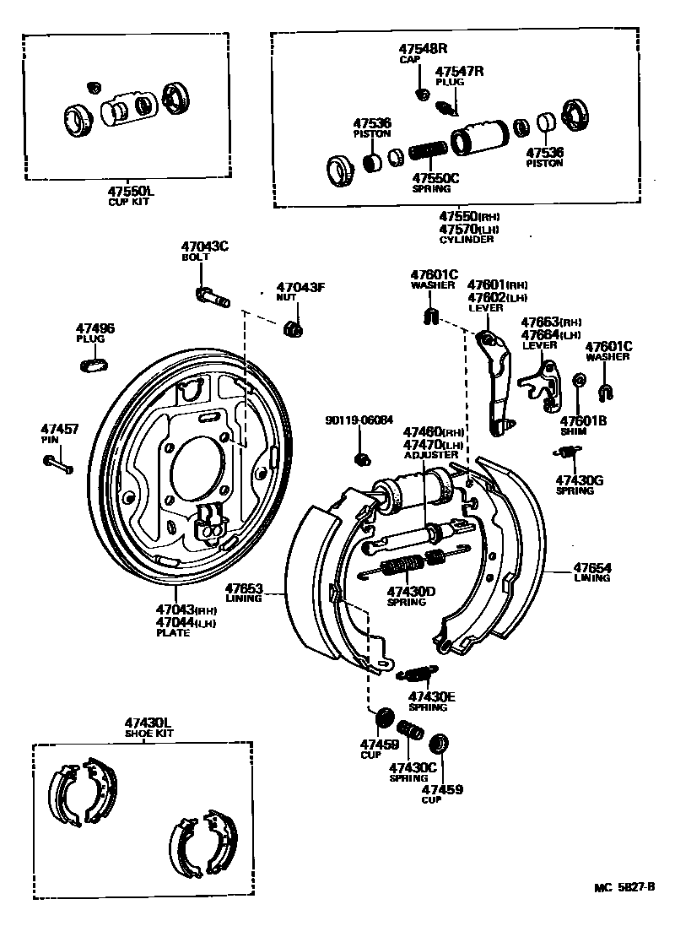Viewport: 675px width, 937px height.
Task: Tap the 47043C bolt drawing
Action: tap(211, 297)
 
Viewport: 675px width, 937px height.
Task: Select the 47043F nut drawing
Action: tap(291, 328)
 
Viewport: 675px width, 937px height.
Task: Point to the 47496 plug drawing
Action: tap(94, 364)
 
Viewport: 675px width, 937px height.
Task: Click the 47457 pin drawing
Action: tap(57, 463)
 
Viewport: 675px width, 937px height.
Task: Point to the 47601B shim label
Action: tap(572, 420)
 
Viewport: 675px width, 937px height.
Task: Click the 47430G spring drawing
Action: tap(567, 455)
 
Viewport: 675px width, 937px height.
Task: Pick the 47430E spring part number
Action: tap(432, 696)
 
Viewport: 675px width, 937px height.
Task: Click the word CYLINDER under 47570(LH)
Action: tap(466, 240)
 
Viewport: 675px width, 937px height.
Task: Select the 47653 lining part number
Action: tap(244, 588)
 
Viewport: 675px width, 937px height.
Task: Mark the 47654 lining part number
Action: tap(591, 567)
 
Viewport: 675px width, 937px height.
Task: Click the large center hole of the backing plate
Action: tap(198, 468)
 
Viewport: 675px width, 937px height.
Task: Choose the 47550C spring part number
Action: tap(435, 178)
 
